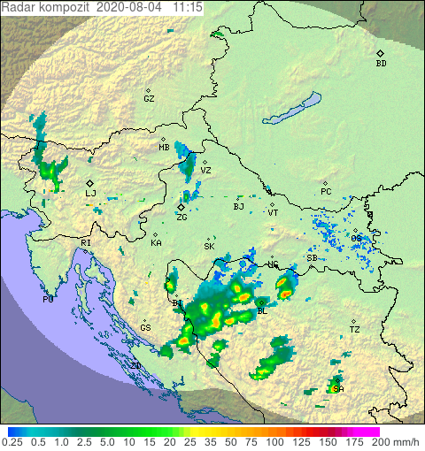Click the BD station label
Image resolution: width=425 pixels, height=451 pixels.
(x=381, y=64)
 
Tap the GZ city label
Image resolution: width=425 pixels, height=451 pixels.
(x=149, y=99)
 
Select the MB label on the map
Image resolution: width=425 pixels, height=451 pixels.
(x=164, y=148)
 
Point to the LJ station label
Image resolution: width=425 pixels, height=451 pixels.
(x=90, y=193)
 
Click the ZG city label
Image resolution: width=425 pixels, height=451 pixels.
(x=182, y=217)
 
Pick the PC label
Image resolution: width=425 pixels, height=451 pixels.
(x=326, y=192)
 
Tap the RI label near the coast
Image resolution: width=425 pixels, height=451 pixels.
(x=86, y=242)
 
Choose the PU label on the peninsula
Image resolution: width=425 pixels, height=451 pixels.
(x=48, y=300)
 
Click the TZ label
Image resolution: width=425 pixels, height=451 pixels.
(x=354, y=330)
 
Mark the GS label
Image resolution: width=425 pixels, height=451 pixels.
(x=145, y=328)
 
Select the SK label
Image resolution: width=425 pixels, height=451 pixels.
(x=209, y=247)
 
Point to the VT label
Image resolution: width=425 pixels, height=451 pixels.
(x=273, y=213)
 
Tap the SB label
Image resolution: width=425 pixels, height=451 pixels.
(x=312, y=258)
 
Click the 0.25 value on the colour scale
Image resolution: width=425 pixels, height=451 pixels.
(x=13, y=441)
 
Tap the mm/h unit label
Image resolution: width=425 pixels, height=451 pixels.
(x=406, y=441)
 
